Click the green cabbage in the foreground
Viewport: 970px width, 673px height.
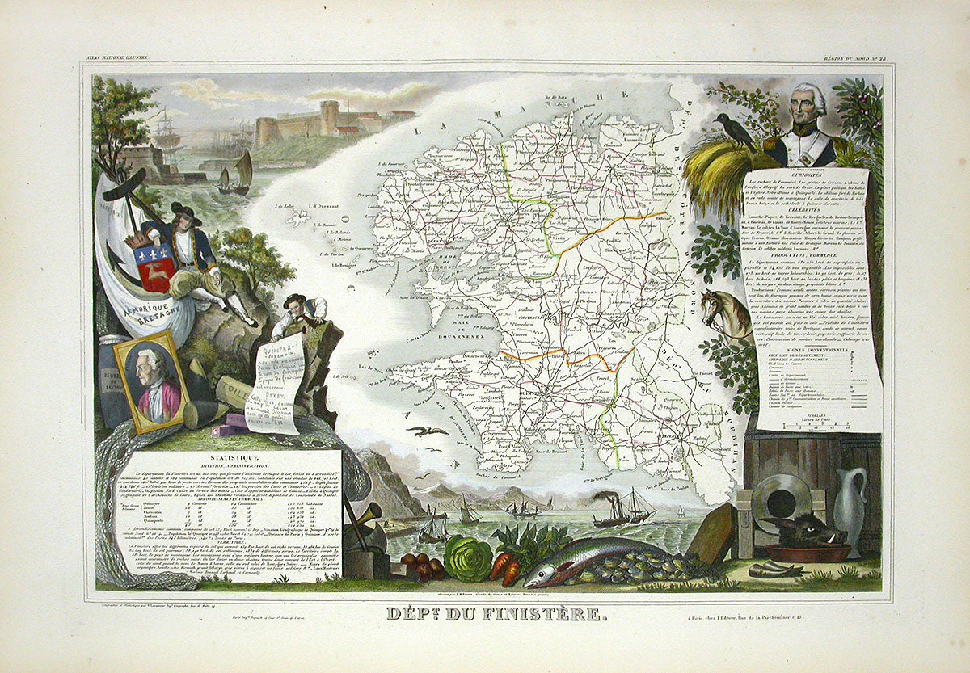click(468, 558)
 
